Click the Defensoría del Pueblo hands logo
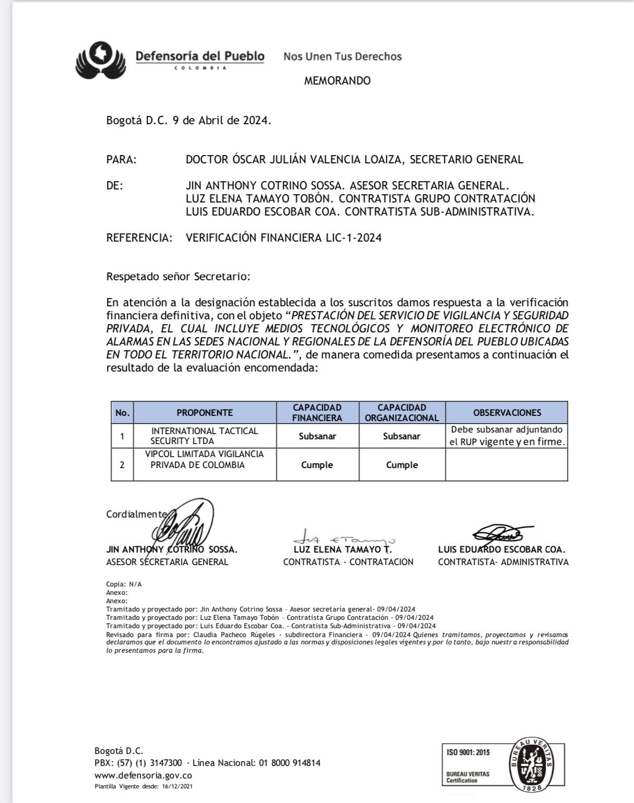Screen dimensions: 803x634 coord(101,59)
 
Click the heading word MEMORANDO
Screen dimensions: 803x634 coord(337,81)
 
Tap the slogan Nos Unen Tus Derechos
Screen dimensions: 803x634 coord(343,56)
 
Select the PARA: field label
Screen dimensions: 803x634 coord(121,160)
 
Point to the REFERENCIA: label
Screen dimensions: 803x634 coord(139,238)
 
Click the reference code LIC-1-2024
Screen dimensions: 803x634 coord(353,238)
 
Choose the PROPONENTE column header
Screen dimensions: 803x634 coord(204,413)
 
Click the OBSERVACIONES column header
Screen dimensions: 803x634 coord(507,413)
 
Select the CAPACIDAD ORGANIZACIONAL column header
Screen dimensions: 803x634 coord(402,413)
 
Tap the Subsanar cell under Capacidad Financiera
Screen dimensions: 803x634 coord(317,436)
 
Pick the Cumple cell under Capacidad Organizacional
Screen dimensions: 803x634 coord(402,465)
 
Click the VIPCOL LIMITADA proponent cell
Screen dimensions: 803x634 coord(204,460)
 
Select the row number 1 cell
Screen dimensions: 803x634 coord(122,436)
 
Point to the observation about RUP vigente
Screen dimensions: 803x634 coord(507,436)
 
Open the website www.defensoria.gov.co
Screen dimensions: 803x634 coord(143,775)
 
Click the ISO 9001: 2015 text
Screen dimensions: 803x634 coord(468,752)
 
